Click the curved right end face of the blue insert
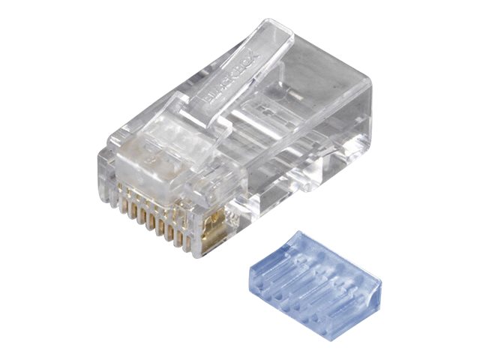click(x=372, y=297)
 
